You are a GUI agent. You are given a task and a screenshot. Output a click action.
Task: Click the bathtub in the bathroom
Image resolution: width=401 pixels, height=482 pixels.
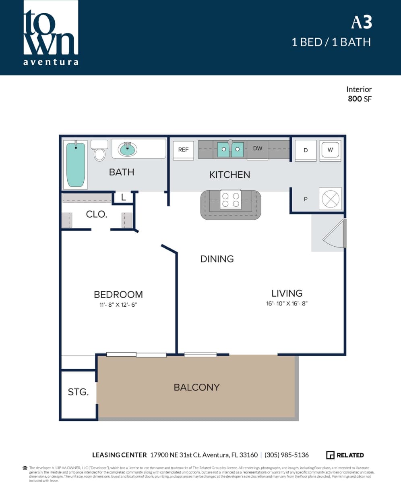pyautogui.click(x=76, y=164)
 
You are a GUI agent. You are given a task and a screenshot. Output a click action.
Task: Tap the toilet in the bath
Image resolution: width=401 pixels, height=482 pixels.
pyautogui.click(x=99, y=151)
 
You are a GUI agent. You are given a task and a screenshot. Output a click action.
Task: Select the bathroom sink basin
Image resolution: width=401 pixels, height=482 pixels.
pyautogui.click(x=128, y=150)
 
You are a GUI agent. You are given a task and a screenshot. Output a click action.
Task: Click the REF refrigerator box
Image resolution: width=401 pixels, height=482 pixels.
pyautogui.click(x=183, y=150)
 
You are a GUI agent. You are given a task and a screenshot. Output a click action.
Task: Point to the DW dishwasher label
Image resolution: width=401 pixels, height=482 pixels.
pyautogui.click(x=258, y=148)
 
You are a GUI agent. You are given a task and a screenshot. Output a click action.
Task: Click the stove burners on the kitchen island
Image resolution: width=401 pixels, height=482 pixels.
pyautogui.click(x=231, y=200)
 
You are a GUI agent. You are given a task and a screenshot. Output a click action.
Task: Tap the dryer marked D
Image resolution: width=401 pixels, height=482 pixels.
pyautogui.click(x=306, y=150)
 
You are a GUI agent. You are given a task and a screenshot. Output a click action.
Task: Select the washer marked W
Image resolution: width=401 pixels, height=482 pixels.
pyautogui.click(x=331, y=150)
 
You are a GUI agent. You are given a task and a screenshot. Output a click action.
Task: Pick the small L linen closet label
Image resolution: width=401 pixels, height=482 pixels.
pyautogui.click(x=123, y=197)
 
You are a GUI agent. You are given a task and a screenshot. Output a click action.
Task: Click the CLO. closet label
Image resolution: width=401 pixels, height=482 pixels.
pyautogui.click(x=97, y=214)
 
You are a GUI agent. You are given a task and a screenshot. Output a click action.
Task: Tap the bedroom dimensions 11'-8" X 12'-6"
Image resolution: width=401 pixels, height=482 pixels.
pyautogui.click(x=118, y=305)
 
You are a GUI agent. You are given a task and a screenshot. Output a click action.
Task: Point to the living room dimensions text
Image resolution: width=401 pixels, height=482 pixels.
pyautogui.click(x=287, y=303)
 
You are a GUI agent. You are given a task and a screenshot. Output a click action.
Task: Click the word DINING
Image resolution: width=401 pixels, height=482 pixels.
pyautogui.click(x=217, y=259)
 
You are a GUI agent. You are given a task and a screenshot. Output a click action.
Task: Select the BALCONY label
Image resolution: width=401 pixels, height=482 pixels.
pyautogui.click(x=196, y=387)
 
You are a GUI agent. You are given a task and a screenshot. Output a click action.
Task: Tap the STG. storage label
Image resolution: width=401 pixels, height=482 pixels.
pyautogui.click(x=78, y=392)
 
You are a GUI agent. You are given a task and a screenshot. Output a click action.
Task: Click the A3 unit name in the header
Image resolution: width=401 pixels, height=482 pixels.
pyautogui.click(x=361, y=23)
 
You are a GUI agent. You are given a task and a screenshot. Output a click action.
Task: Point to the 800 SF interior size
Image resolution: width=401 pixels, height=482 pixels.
pyautogui.click(x=360, y=98)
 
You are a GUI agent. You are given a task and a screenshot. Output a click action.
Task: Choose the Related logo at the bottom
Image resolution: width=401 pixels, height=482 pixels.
pyautogui.click(x=345, y=455)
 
